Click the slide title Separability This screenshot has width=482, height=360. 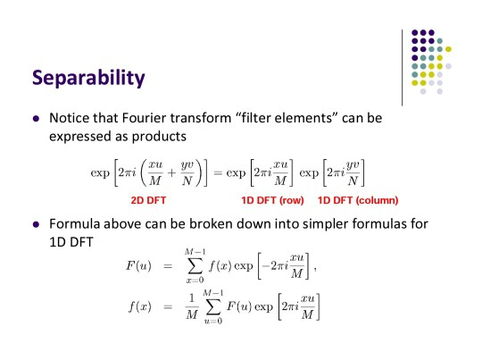(88, 78)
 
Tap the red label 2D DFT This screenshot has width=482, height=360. (148, 200)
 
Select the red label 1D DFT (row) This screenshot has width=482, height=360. (272, 200)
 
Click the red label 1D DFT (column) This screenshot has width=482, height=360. (358, 200)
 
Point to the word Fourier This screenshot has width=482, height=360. (144, 118)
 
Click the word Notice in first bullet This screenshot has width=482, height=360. (69, 118)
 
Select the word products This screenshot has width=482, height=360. (159, 137)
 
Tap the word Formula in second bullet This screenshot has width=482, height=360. (74, 223)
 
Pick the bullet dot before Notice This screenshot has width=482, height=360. (36, 119)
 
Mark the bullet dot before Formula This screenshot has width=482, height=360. (36, 224)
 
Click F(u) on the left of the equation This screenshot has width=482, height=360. (138, 265)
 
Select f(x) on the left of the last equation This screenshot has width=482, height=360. (140, 306)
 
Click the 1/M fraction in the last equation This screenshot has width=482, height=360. (192, 306)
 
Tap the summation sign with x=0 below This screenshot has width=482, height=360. (195, 266)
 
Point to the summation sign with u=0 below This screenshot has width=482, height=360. (213, 307)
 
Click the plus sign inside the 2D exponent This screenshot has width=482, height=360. (171, 173)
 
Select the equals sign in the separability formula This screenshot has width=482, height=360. (218, 173)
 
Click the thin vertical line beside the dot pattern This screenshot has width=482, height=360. (402, 68)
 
